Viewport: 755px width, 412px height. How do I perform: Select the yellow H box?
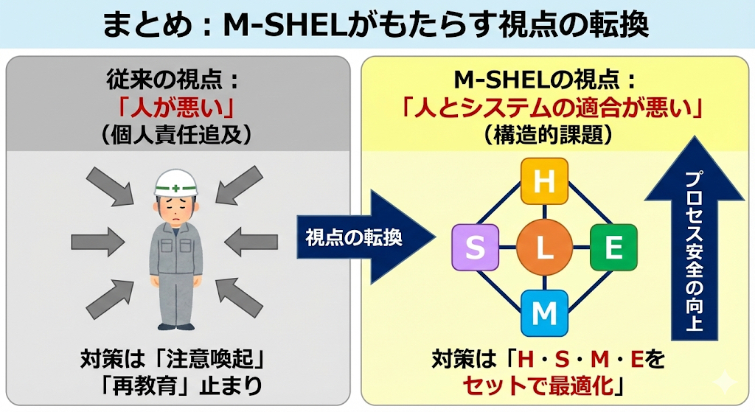[x=544, y=181]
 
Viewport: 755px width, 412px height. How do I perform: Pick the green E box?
[x=613, y=248]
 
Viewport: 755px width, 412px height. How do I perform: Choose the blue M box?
[x=544, y=313]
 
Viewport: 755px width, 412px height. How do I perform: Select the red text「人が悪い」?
[x=175, y=108]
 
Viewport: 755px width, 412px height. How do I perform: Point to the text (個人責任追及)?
[x=175, y=134]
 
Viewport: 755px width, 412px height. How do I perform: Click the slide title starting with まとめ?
[x=377, y=24]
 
